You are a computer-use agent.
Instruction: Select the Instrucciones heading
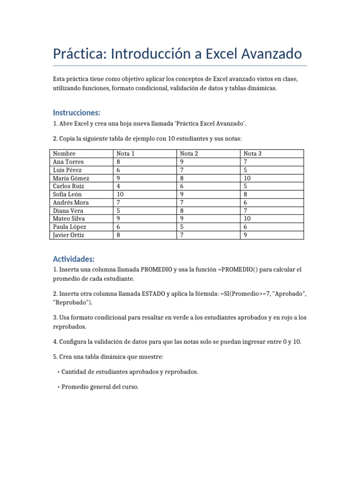76,112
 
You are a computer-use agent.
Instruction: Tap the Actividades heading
74,259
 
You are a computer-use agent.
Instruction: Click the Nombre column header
64,153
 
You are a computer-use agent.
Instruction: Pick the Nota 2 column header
189,153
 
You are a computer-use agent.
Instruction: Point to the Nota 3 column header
253,153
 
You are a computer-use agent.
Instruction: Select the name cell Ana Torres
68,162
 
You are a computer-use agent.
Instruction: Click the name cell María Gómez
71,178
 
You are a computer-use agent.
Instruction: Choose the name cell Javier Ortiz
68,235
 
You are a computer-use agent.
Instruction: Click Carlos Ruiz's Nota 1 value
119,186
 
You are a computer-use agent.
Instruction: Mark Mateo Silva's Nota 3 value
247,218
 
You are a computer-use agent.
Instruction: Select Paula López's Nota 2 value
182,227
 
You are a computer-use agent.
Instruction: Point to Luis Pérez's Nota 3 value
245,170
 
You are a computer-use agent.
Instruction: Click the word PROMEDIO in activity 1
157,270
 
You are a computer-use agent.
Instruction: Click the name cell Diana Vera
67,210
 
